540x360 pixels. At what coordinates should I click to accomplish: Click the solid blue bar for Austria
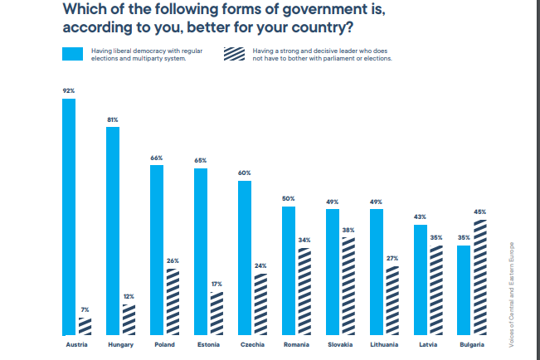pyautogui.click(x=69, y=216)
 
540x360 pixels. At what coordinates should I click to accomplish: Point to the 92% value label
pyautogui.click(x=69, y=90)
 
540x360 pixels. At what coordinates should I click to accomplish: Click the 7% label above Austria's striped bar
pyautogui.click(x=85, y=310)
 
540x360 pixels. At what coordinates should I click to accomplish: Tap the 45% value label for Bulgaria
pyautogui.click(x=479, y=212)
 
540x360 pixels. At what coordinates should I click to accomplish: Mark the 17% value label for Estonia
pyautogui.click(x=216, y=285)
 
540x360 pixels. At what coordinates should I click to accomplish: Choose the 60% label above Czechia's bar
pyautogui.click(x=244, y=173)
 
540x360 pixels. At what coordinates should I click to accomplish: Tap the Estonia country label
pyautogui.click(x=207, y=343)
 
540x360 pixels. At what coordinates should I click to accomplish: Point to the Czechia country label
pyautogui.click(x=251, y=343)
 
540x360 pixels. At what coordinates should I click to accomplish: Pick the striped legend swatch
pyautogui.click(x=235, y=54)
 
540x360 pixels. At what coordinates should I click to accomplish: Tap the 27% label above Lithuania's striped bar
pyautogui.click(x=392, y=258)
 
